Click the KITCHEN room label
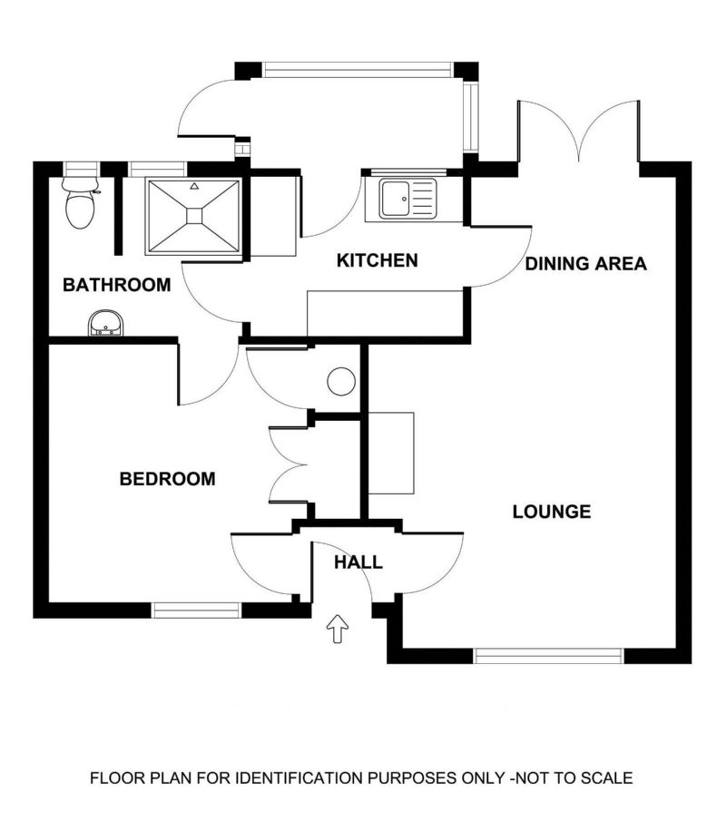pos(378,260)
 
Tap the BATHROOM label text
pos(117,285)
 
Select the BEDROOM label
pos(168,479)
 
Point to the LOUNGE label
pos(552,512)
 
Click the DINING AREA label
pos(585,263)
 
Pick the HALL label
pos(358,562)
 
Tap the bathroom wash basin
pos(106,323)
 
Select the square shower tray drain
pos(194,216)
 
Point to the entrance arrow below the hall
pos(338,629)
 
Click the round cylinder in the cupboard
pos(341,381)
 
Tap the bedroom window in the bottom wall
pos(196,610)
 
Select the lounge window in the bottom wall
pos(549,656)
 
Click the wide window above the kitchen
pos(357,70)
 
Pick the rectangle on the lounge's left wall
pos(391,454)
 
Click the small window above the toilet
pos(82,169)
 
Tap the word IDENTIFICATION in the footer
pos(298,778)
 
